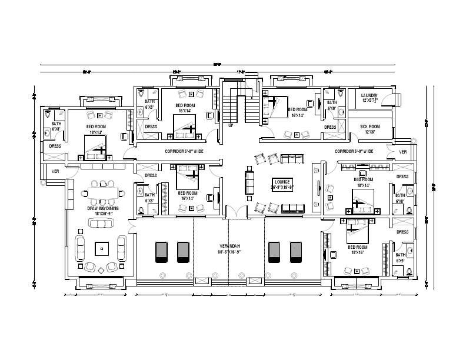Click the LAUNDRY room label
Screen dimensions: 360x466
tap(369, 97)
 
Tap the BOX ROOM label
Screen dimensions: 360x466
tap(370, 129)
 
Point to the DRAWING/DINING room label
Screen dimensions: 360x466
tap(103, 211)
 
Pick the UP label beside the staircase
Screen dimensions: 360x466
tap(231, 125)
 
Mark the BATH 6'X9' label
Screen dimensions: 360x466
tap(402, 258)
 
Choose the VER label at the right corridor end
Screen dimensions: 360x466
tap(403, 152)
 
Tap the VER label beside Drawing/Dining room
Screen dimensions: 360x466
tap(56, 171)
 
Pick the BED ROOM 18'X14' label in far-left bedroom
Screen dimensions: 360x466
tap(96, 129)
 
